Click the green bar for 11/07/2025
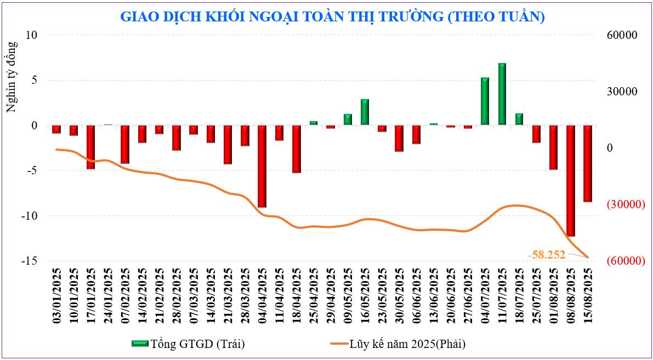(x=502, y=94)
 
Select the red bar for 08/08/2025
(x=571, y=180)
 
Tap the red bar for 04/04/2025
(x=262, y=166)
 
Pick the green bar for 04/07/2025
(x=485, y=101)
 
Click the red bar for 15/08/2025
(x=588, y=163)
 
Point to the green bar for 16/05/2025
(x=365, y=112)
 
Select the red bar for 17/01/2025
(x=90, y=147)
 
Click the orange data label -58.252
(x=547, y=254)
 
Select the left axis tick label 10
(x=31, y=35)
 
